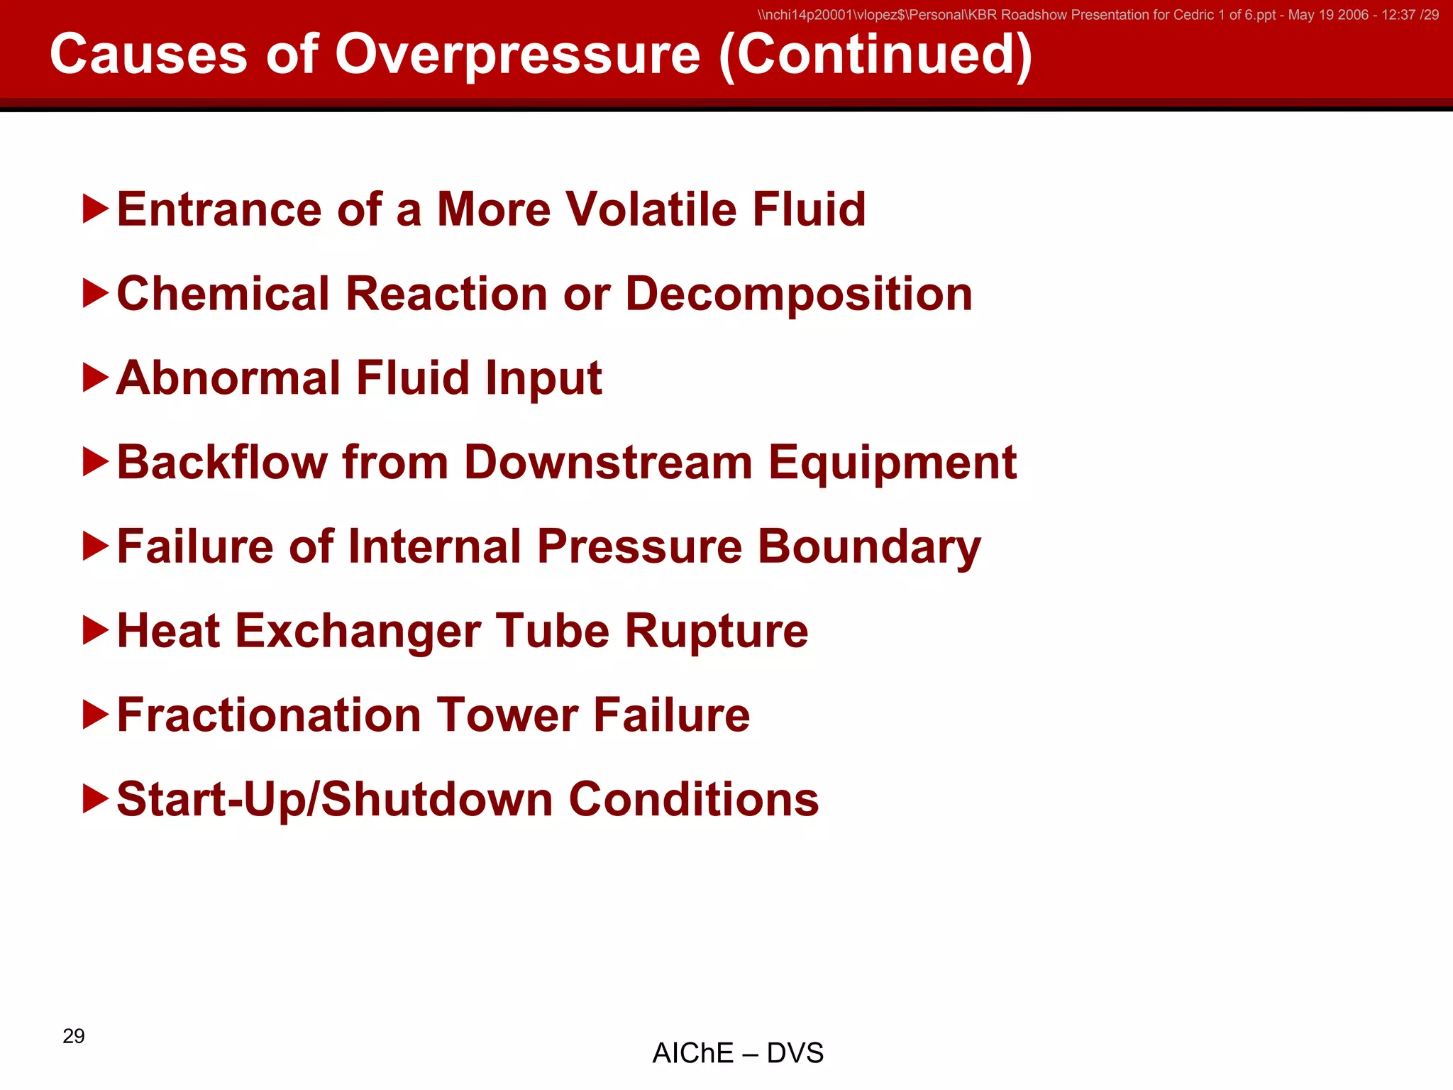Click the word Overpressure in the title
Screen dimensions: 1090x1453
[517, 55]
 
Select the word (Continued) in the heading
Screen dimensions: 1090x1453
[875, 55]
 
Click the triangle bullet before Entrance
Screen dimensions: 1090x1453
[96, 209]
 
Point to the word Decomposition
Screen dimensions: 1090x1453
[799, 294]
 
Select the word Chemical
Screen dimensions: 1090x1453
[223, 294]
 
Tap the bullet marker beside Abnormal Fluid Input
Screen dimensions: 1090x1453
[96, 378]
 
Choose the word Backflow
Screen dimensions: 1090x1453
[222, 463]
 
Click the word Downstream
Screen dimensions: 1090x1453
[608, 463]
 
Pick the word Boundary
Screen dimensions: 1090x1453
[869, 547]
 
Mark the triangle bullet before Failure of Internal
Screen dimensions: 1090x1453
[96, 546]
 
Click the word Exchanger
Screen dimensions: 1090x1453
[358, 631]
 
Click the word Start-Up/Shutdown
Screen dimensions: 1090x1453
[334, 800]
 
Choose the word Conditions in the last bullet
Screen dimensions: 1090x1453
[694, 800]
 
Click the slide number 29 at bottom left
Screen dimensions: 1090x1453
[74, 1036]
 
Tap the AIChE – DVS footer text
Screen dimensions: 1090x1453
[738, 1053]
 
